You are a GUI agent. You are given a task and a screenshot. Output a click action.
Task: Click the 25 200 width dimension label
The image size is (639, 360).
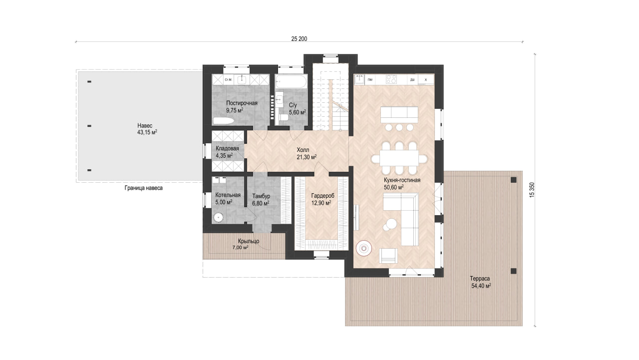299,39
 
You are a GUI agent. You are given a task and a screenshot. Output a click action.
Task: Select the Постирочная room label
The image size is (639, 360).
242,103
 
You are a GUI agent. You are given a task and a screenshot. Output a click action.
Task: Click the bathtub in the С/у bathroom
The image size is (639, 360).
291,81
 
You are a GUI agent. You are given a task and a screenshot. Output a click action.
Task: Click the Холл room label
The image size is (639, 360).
303,150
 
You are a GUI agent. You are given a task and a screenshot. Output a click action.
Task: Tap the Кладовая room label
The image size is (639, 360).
227,148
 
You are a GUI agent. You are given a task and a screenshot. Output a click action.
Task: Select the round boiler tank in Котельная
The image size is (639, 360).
218,218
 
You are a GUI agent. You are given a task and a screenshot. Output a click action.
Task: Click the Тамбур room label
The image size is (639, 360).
261,196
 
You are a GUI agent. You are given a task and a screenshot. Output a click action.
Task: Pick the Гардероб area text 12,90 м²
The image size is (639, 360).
321,203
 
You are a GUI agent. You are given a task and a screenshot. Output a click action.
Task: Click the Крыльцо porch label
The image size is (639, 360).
249,241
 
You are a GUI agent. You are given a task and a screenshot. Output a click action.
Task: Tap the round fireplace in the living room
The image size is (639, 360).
364,249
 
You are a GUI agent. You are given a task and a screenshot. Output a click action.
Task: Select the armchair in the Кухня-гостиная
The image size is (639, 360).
388,256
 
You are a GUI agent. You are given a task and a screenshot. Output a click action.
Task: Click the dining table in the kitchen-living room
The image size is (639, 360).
399,158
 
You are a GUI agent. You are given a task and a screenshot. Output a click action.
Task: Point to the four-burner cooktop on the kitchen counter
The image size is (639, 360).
391,79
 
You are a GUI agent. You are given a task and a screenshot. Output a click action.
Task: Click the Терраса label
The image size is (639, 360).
480,279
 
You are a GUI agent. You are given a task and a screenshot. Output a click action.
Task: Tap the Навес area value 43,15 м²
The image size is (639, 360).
147,132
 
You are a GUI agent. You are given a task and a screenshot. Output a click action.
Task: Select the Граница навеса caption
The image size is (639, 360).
143,188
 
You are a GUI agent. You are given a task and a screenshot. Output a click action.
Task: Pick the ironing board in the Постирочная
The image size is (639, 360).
223,121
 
